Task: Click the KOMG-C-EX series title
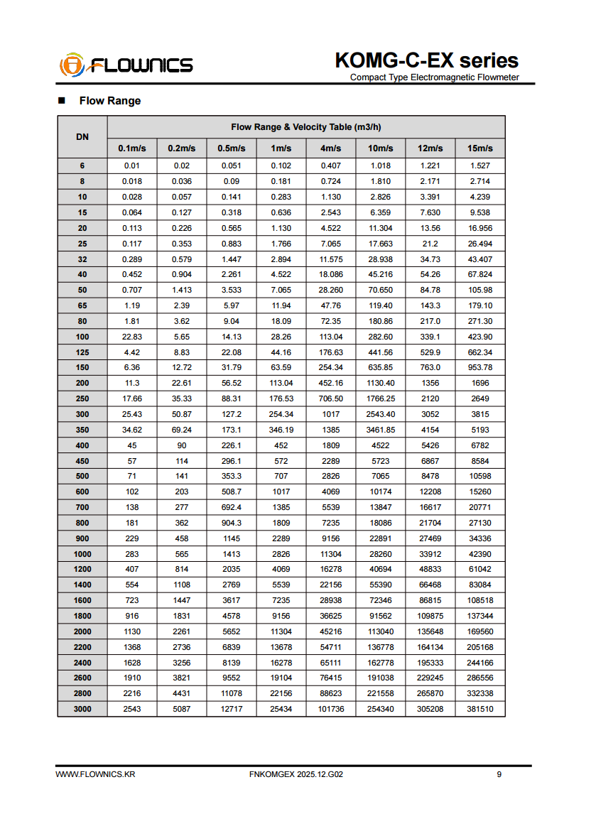click(x=426, y=60)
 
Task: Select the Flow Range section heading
click(x=109, y=101)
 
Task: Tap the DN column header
click(x=82, y=136)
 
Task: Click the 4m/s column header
click(x=331, y=148)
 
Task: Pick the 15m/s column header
click(x=480, y=148)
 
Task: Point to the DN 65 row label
click(x=82, y=305)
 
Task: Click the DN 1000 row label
click(x=82, y=554)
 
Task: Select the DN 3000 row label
click(x=82, y=709)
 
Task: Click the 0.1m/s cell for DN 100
click(x=132, y=337)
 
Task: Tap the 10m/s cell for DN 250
click(x=381, y=398)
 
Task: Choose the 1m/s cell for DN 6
click(x=281, y=165)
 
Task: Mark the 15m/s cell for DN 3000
click(x=480, y=709)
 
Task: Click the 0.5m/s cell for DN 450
click(x=232, y=461)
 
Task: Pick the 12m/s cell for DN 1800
click(x=430, y=616)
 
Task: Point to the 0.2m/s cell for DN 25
click(x=182, y=244)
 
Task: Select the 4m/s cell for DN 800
click(x=331, y=523)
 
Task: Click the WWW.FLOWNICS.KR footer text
click(x=95, y=774)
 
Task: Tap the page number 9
click(x=499, y=774)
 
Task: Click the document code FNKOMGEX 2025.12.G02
click(x=297, y=774)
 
